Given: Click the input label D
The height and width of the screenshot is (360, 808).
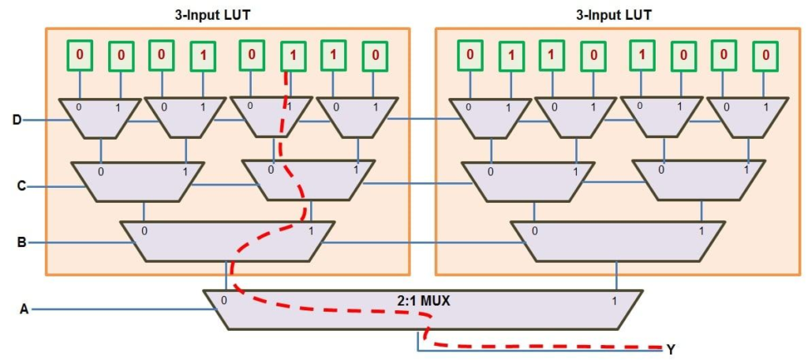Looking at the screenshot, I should pyautogui.click(x=17, y=120).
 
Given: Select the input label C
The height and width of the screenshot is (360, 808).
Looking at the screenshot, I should pyautogui.click(x=22, y=186).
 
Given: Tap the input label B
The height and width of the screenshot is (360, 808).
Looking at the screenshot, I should pyautogui.click(x=22, y=242).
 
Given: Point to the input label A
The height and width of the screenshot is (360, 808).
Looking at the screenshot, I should pyautogui.click(x=24, y=309).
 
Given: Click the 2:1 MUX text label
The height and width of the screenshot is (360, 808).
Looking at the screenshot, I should pyautogui.click(x=424, y=301).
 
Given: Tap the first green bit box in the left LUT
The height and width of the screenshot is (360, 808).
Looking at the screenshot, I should pyautogui.click(x=79, y=55).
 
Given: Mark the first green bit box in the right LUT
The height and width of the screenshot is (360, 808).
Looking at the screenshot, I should pyautogui.click(x=469, y=55).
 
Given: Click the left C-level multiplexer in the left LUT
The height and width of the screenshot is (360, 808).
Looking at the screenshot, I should pyautogui.click(x=138, y=181).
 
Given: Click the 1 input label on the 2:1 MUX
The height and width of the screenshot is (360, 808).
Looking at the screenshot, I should pyautogui.click(x=614, y=301).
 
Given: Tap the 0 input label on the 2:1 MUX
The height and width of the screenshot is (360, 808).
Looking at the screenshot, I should pyautogui.click(x=225, y=300).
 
